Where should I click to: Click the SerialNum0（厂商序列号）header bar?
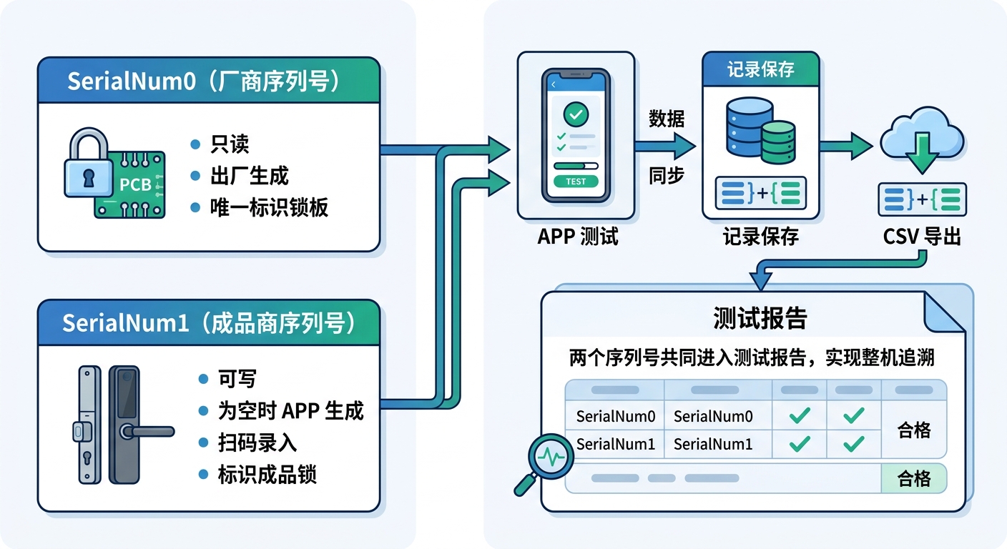click(x=208, y=81)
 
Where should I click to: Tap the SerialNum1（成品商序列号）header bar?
click(x=208, y=323)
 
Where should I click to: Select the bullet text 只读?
click(x=230, y=144)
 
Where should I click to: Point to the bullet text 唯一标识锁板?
click(x=269, y=207)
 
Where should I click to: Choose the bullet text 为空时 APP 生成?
click(x=290, y=411)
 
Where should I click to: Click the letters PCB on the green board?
click(x=135, y=185)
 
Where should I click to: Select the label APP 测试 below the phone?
click(x=577, y=237)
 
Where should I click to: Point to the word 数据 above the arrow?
click(x=667, y=119)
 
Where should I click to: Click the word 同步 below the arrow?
click(x=667, y=176)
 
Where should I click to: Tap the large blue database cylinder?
click(x=748, y=127)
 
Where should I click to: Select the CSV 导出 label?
click(x=922, y=237)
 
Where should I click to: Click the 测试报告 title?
click(x=760, y=319)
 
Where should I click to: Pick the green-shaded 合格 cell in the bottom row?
click(x=913, y=478)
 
